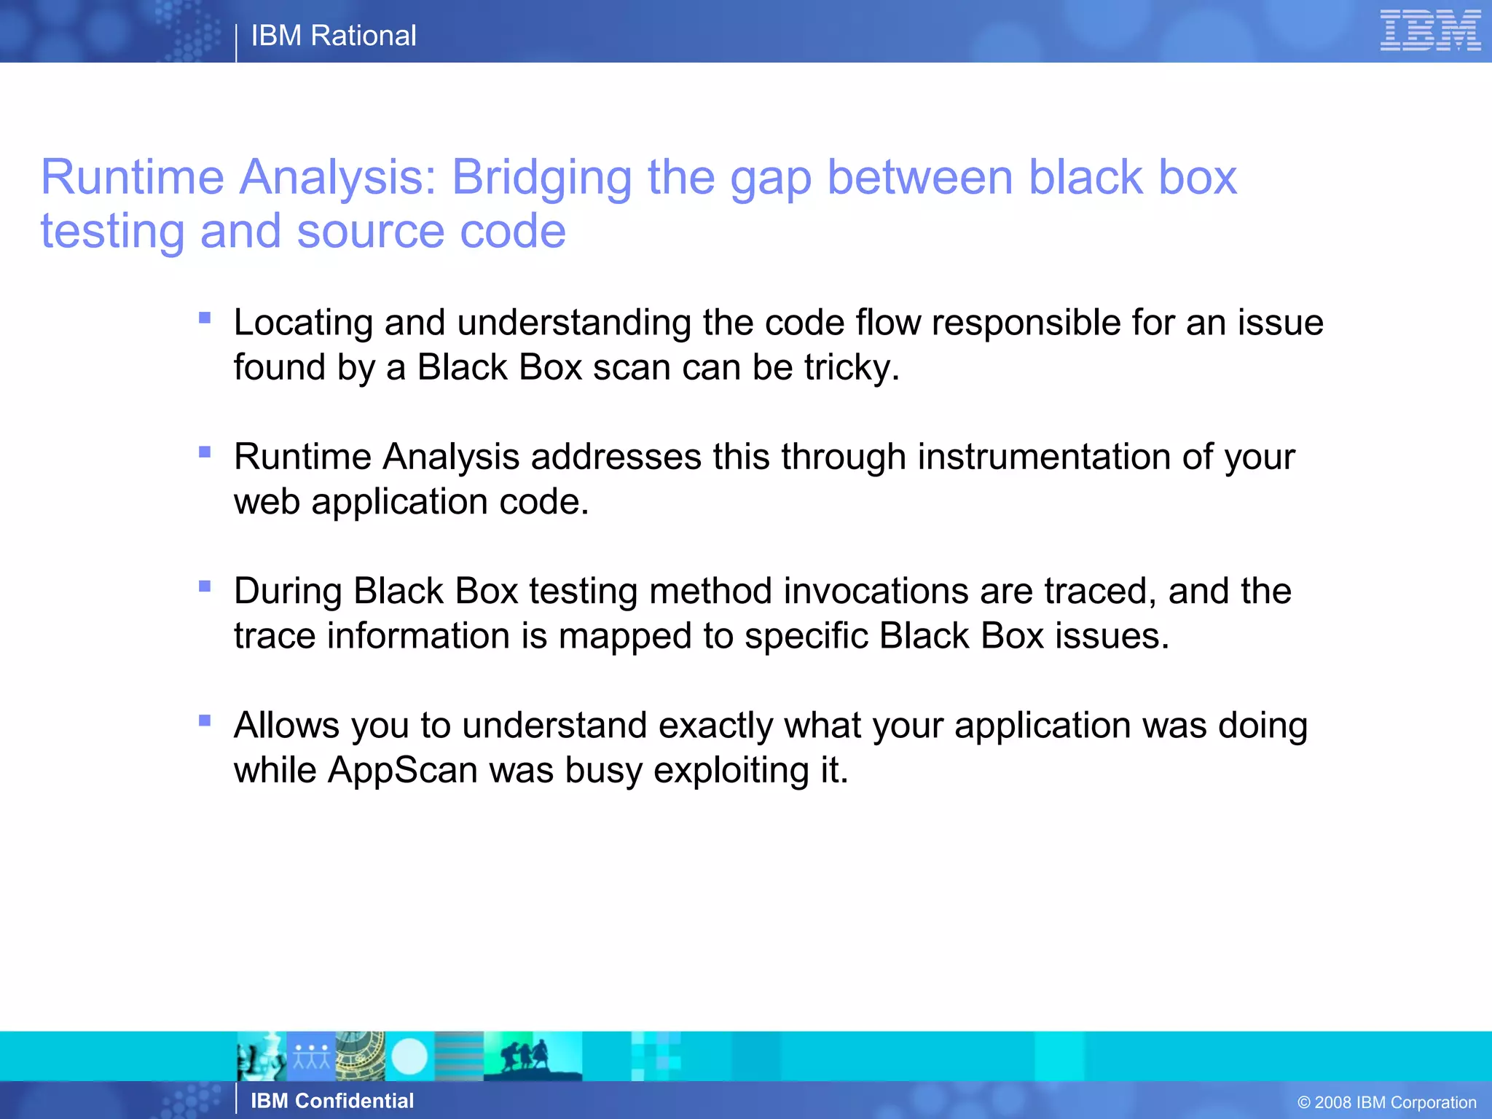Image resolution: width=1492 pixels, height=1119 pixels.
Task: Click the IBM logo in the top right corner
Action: pos(1430,31)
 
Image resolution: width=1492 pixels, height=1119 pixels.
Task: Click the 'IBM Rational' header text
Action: pos(334,36)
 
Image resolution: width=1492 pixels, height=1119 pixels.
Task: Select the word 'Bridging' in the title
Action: pos(541,178)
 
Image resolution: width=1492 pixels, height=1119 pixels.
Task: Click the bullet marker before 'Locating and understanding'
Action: pos(205,318)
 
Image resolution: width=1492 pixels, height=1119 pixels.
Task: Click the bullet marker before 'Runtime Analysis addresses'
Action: pos(205,452)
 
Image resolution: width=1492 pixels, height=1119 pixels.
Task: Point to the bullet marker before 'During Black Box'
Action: pos(205,586)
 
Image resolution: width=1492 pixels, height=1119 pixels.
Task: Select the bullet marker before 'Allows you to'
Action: pos(205,721)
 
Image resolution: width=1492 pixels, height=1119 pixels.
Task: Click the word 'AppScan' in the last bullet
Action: pos(402,770)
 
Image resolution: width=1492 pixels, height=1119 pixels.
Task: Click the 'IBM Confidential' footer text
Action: pos(332,1101)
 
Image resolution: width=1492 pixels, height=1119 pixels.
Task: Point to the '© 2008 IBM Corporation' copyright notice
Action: pos(1387,1102)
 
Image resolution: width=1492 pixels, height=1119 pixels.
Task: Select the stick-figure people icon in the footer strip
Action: pos(311,1056)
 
